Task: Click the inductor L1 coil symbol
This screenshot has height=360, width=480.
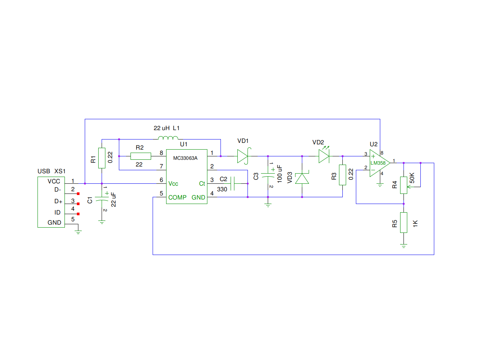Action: tap(168, 138)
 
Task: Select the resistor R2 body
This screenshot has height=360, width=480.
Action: tap(141, 156)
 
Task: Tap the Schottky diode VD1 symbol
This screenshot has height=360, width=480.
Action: tap(244, 156)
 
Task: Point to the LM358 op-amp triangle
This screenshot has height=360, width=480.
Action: tap(379, 163)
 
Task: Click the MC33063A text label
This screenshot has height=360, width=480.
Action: tap(185, 158)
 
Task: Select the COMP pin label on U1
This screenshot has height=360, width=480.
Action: tap(177, 197)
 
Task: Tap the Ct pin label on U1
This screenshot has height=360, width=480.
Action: tap(202, 183)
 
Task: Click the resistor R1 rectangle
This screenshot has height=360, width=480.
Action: tap(102, 158)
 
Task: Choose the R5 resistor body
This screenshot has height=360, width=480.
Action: tap(403, 222)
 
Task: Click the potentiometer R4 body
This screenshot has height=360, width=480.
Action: tap(403, 185)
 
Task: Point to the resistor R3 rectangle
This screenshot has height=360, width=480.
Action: tap(342, 175)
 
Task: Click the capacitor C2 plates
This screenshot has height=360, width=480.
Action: tap(232, 183)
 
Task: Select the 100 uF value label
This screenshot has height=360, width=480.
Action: tap(279, 174)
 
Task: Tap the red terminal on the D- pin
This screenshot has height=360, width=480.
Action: tap(78, 193)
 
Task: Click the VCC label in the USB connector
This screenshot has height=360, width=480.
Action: tap(54, 181)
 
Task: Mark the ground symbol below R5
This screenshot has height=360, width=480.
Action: tap(403, 246)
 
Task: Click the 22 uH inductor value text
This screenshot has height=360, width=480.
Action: tap(161, 128)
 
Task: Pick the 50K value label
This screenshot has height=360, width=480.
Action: tap(412, 178)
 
